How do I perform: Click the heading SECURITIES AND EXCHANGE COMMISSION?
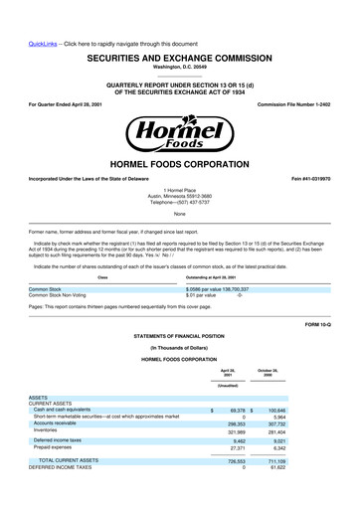click(179, 32)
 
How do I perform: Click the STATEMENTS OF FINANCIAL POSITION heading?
click(179, 337)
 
